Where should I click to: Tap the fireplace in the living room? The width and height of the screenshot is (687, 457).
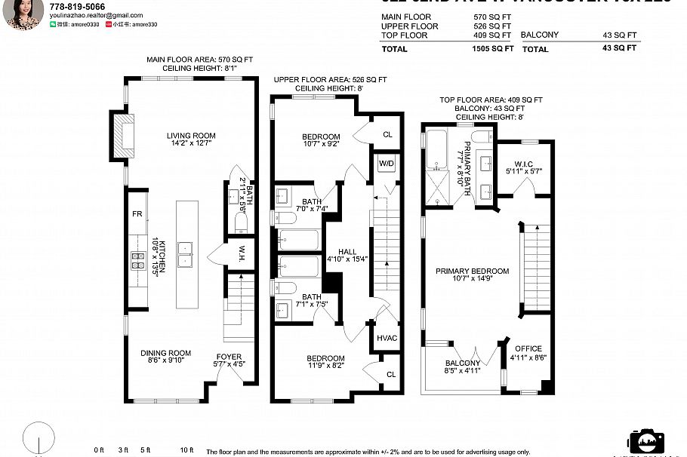(x=125, y=134)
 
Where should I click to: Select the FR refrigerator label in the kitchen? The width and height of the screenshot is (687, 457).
(x=137, y=214)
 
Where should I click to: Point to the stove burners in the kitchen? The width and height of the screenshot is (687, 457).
(x=139, y=261)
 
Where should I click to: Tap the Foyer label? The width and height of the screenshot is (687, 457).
(x=229, y=357)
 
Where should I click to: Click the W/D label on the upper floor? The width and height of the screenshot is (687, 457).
(x=385, y=163)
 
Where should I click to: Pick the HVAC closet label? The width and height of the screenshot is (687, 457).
(x=387, y=338)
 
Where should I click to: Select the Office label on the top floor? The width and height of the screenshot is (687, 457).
(x=528, y=348)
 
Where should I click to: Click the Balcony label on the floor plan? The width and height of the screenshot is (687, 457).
(x=461, y=363)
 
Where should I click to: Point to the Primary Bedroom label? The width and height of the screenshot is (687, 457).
(x=472, y=271)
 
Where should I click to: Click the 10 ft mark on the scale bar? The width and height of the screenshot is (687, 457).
(x=186, y=450)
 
